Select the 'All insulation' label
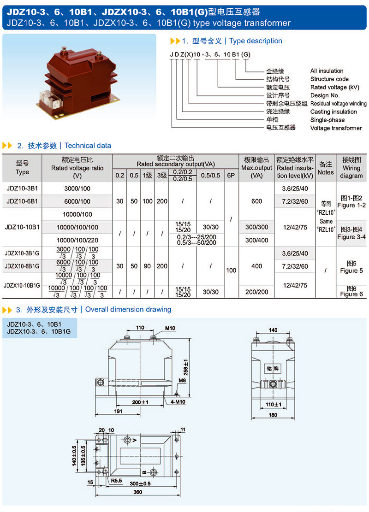point(327,71)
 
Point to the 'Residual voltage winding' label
point(338,104)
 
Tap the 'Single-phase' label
point(327,120)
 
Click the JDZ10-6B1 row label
point(22,201)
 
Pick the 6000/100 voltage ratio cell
point(77,201)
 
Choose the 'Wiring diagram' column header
point(351,168)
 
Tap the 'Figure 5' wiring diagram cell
point(351,267)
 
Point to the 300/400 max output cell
point(256,240)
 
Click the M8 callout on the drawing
point(182,381)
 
